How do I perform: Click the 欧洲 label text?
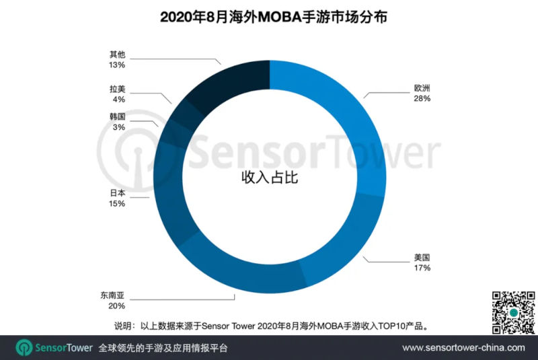click(x=422, y=87)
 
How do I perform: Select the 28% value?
click(x=422, y=98)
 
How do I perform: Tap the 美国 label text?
click(x=422, y=257)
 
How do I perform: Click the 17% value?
click(x=422, y=268)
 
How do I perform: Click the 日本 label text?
click(x=117, y=192)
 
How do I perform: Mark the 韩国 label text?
click(x=117, y=116)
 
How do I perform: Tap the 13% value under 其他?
click(x=117, y=65)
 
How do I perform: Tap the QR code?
click(x=513, y=312)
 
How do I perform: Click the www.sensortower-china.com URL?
click(x=463, y=348)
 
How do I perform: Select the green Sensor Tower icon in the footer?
click(x=26, y=348)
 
